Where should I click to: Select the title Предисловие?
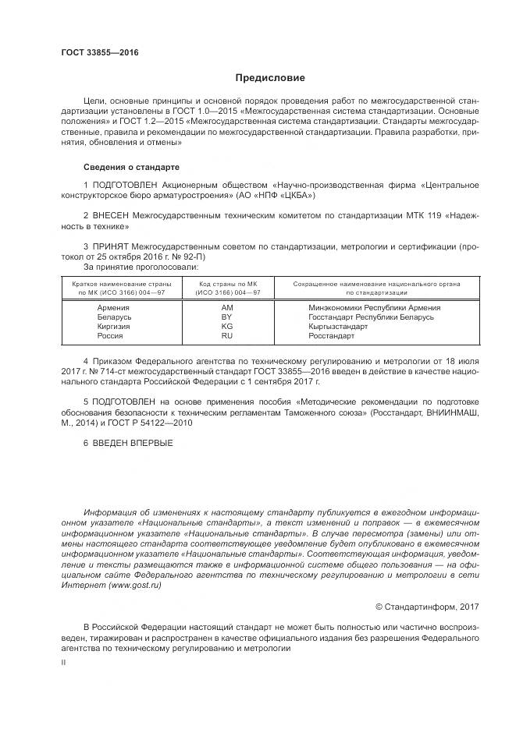tap(270, 78)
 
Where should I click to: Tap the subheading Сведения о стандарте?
tap(131, 167)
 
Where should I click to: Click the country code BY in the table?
tap(227, 317)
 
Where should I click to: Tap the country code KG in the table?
tap(227, 326)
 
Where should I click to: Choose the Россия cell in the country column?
tap(111, 335)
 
